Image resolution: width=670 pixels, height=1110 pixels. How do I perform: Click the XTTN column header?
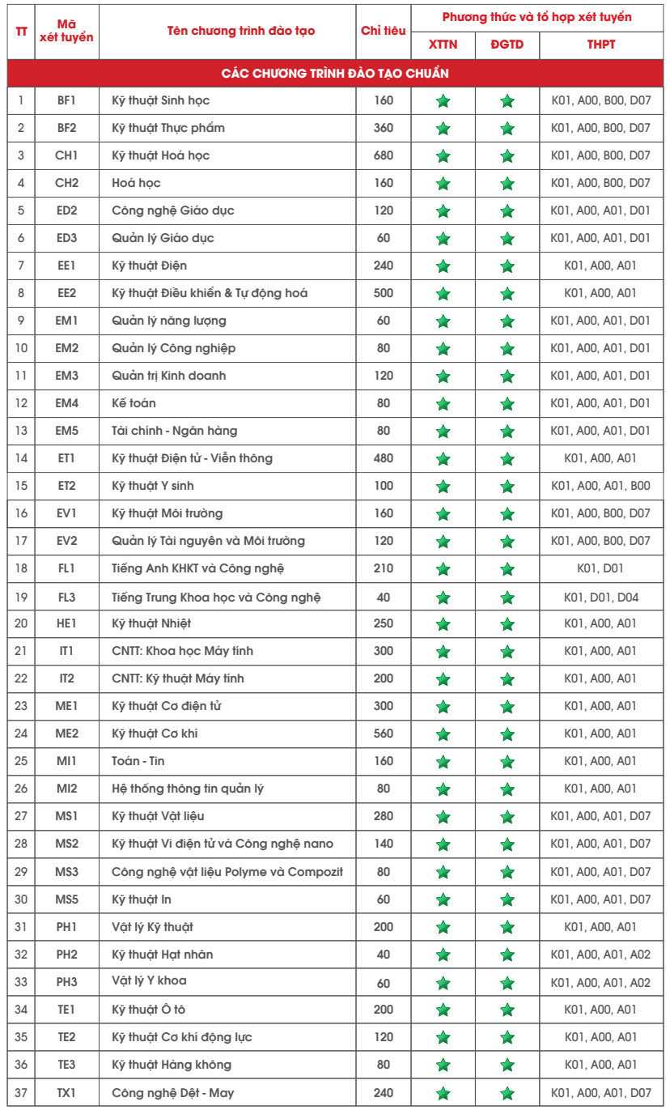443,45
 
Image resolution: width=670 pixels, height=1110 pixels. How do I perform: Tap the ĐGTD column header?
507,45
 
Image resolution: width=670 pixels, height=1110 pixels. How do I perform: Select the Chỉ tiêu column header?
384,31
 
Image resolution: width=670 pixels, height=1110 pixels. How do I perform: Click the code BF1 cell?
66,100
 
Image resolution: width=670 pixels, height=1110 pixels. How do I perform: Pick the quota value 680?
384,155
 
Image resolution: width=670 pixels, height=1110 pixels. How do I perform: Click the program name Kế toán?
134,403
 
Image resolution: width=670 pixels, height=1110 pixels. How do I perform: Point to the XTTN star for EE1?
443,266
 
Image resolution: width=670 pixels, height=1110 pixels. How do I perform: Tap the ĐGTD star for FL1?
507,569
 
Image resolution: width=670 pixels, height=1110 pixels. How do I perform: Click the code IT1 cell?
66,651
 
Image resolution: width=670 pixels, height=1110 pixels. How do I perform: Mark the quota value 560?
384,734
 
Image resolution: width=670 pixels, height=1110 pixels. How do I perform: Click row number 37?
21,1093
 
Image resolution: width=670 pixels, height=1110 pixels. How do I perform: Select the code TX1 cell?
66,1093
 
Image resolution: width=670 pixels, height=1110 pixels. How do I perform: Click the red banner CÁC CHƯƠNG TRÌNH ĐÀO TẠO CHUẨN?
335,74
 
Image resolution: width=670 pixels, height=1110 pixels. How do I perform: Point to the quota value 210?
384,568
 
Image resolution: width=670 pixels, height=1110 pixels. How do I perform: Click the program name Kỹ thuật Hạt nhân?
163,955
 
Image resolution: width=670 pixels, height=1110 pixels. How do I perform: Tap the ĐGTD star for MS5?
507,900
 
